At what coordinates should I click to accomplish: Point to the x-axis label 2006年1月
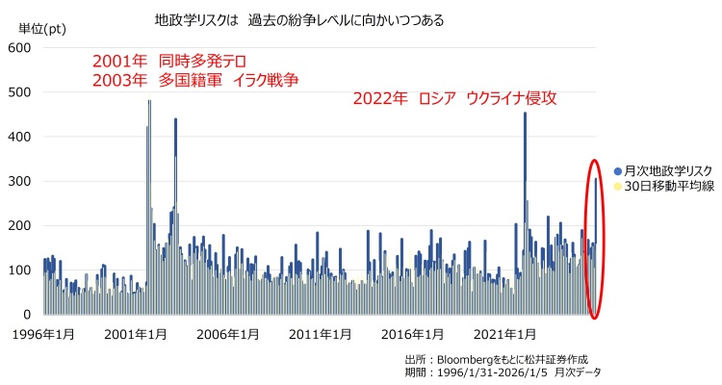(x=228, y=335)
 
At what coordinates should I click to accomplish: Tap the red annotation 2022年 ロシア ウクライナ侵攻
(x=454, y=99)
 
